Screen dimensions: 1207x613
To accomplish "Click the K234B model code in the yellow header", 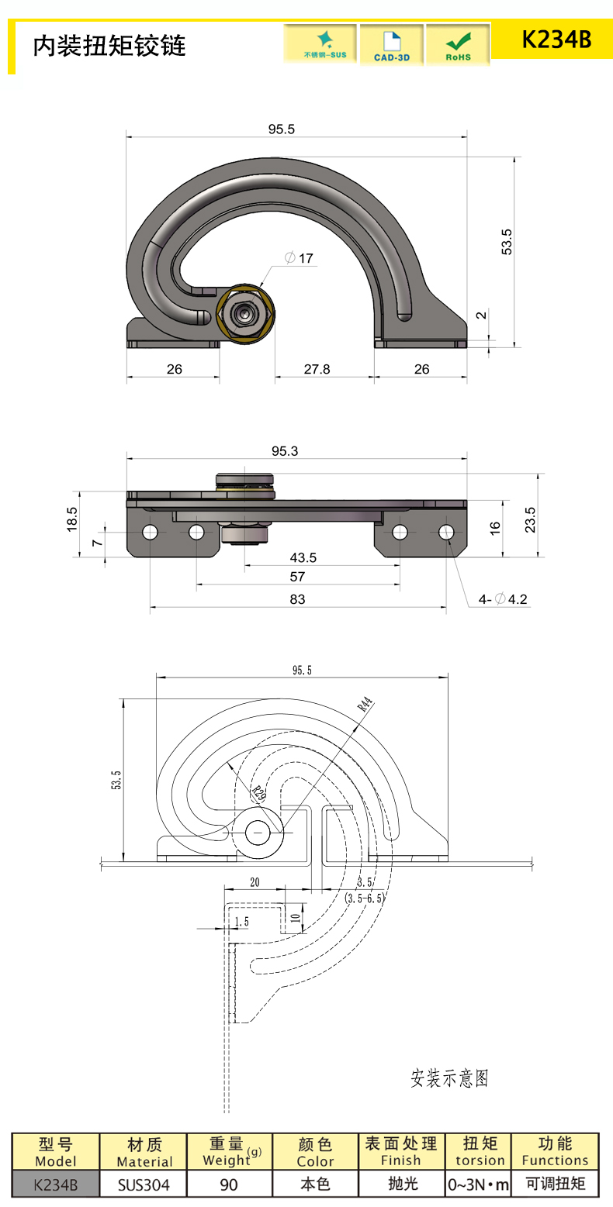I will [556, 40].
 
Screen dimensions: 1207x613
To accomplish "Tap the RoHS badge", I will [458, 45].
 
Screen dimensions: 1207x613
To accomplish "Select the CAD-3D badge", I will [391, 45].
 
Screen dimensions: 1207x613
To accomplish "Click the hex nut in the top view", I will [245, 315].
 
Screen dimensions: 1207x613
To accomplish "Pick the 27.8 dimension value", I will [317, 369].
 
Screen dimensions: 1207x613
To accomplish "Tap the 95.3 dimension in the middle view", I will [285, 451].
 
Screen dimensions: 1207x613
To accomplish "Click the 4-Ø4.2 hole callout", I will [503, 598].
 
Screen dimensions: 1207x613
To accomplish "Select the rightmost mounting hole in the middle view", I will [446, 532].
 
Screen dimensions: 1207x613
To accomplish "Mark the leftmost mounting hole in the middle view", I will [150, 532].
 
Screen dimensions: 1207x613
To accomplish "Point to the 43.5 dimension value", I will [303, 558].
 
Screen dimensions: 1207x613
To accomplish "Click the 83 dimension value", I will [297, 598].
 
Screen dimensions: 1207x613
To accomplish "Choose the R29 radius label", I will [258, 791].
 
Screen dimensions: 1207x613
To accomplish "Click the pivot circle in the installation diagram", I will [258, 833].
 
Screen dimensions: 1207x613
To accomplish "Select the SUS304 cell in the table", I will [144, 1185].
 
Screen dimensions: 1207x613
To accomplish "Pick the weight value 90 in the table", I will [229, 1185].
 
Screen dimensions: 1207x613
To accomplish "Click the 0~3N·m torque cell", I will [479, 1185].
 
